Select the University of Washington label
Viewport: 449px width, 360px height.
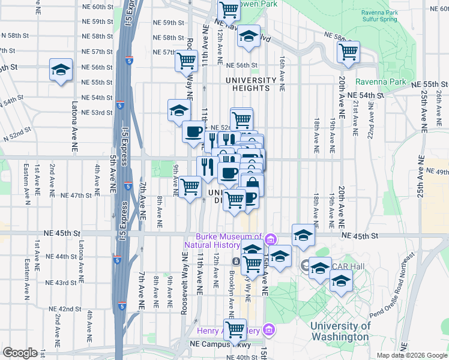coord(340,331)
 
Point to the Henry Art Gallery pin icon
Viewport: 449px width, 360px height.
coord(269,331)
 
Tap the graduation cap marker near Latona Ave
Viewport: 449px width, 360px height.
coord(61,70)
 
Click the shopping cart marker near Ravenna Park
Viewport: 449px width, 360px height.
coord(348,52)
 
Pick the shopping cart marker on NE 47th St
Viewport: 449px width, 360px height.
coord(190,187)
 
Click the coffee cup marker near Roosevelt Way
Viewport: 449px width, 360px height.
coord(193,131)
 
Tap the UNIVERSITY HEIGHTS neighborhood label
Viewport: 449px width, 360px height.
coord(251,84)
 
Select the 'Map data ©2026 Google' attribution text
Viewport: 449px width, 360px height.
coord(411,355)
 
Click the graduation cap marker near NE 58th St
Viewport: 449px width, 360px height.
coord(248,37)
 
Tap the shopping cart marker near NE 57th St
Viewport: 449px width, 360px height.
coord(187,60)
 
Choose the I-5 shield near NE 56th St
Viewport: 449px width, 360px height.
coord(130,61)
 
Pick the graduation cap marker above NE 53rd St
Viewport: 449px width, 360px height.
coord(179,110)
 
